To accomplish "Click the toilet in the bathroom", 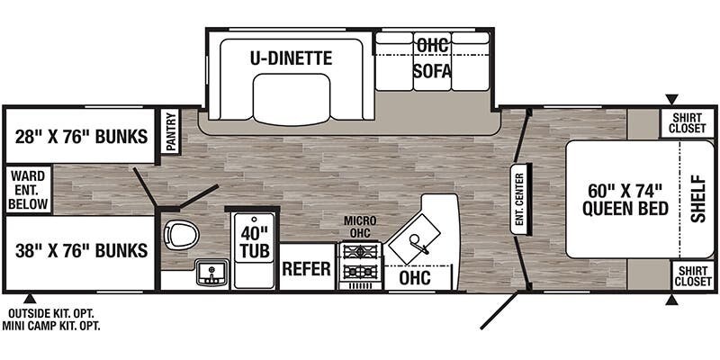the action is (x=182, y=234).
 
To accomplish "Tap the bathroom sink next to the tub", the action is (x=211, y=273).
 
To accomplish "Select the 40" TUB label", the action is (x=255, y=241).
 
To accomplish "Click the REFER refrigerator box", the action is (x=307, y=268).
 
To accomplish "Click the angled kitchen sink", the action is (x=412, y=241).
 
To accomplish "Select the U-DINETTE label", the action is (x=291, y=58).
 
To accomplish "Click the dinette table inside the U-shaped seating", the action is (x=291, y=99).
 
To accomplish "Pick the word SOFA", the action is (x=432, y=71).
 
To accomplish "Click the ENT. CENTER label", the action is (x=519, y=199).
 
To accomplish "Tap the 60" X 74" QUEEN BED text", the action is (x=625, y=199).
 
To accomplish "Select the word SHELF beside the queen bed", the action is (x=698, y=199).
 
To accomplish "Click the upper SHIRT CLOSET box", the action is (x=687, y=122).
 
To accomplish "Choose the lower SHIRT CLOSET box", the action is (x=693, y=275).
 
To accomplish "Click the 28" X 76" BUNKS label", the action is (x=82, y=137).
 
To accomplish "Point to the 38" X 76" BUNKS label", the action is (x=82, y=251).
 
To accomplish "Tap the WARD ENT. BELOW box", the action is (x=29, y=190).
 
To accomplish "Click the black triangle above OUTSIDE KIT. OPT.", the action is (x=30, y=299).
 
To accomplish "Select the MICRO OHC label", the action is (x=361, y=228).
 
